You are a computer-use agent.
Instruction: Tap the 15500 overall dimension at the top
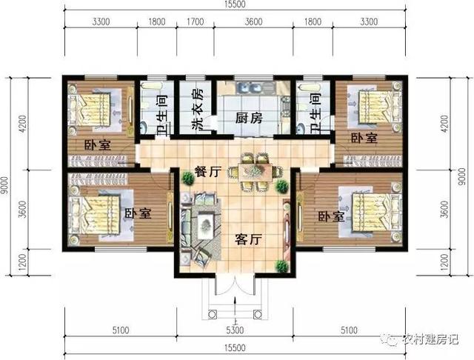point(236,5)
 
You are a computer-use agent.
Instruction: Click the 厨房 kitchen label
point(250,119)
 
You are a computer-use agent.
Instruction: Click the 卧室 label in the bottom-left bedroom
point(138,213)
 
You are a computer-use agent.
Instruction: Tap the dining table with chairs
point(254,171)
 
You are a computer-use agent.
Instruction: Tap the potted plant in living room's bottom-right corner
point(281,265)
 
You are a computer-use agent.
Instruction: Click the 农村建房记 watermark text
point(430,341)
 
